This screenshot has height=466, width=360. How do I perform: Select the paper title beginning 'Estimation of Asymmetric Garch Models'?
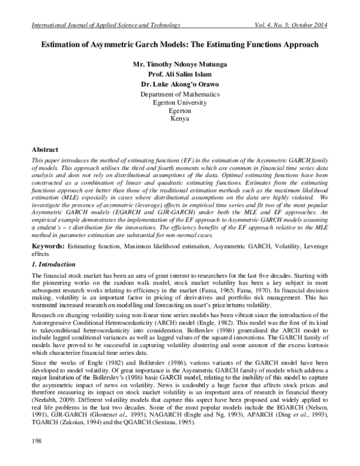[x=179, y=45]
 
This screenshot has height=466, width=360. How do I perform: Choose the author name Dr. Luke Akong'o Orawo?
[x=179, y=84]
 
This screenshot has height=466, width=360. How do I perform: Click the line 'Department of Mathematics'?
[x=179, y=94]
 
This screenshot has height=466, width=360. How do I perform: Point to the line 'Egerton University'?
[x=179, y=103]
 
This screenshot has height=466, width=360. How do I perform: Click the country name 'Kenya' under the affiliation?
[x=179, y=119]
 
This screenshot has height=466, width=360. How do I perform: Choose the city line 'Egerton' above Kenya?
[x=179, y=111]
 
